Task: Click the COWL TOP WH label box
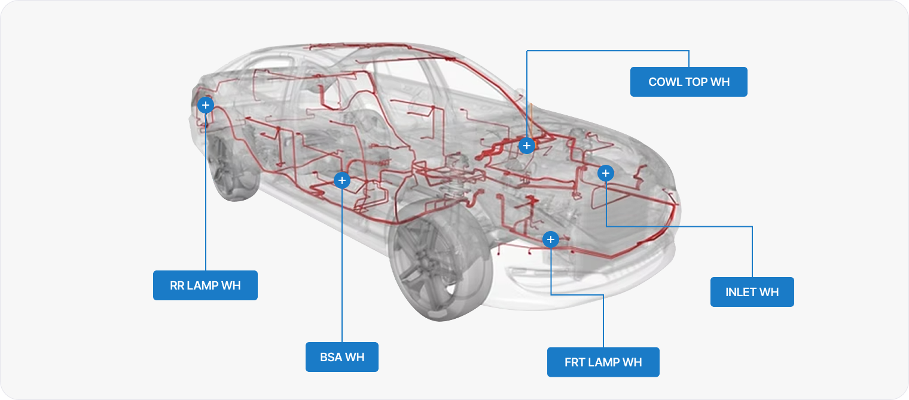point(688,82)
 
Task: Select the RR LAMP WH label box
point(205,285)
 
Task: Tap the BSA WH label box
point(341,357)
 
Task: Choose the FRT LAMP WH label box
point(603,362)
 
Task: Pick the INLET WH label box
point(752,292)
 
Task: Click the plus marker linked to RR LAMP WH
point(205,105)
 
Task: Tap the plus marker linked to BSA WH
point(341,180)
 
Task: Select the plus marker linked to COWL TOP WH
point(526,146)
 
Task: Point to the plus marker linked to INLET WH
point(605,173)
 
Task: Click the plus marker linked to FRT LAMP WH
point(551,240)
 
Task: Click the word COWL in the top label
point(665,82)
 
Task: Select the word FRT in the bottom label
point(574,362)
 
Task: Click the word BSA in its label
point(332,357)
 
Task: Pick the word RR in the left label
point(177,285)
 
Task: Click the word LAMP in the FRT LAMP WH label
point(604,362)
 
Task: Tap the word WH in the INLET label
point(770,292)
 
